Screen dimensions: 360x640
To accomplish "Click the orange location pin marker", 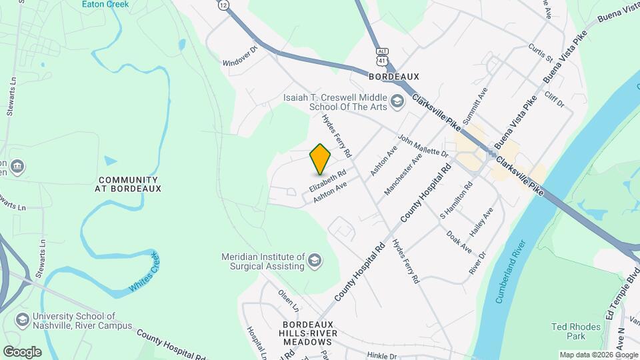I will (x=320, y=159).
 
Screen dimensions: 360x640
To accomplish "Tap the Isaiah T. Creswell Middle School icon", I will (x=397, y=101).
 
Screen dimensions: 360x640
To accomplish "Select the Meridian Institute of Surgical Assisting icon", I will (x=315, y=261).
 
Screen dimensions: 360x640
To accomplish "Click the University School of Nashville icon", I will (x=22, y=321).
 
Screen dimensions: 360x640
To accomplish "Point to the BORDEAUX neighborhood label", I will (x=393, y=77).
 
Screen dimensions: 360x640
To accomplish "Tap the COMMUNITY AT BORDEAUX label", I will (x=129, y=184).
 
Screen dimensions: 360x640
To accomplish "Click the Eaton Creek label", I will (x=105, y=4).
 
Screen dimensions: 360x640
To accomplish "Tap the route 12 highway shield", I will (x=223, y=5).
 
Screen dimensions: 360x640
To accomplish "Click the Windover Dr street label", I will (x=240, y=55).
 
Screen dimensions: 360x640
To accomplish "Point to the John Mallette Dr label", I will (x=423, y=146).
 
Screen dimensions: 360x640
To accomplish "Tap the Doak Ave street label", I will (x=459, y=241).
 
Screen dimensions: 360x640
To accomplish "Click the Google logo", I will (x=22, y=351).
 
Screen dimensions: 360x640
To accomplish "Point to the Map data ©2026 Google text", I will (x=599, y=355).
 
